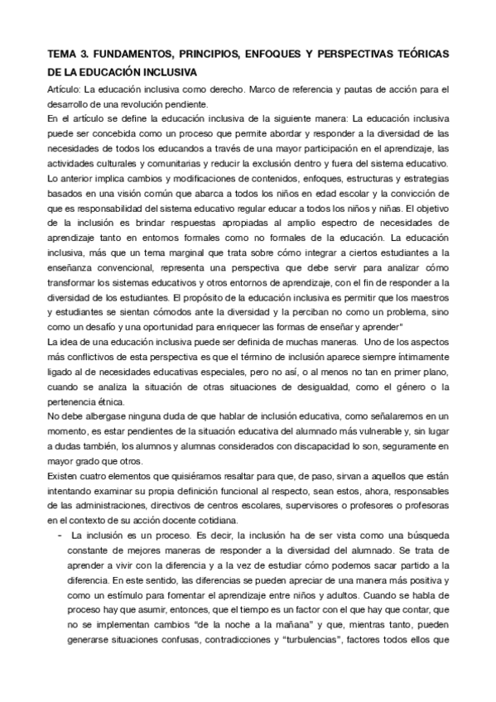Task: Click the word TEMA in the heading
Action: [63, 54]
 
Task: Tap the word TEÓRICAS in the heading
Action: [421, 54]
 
